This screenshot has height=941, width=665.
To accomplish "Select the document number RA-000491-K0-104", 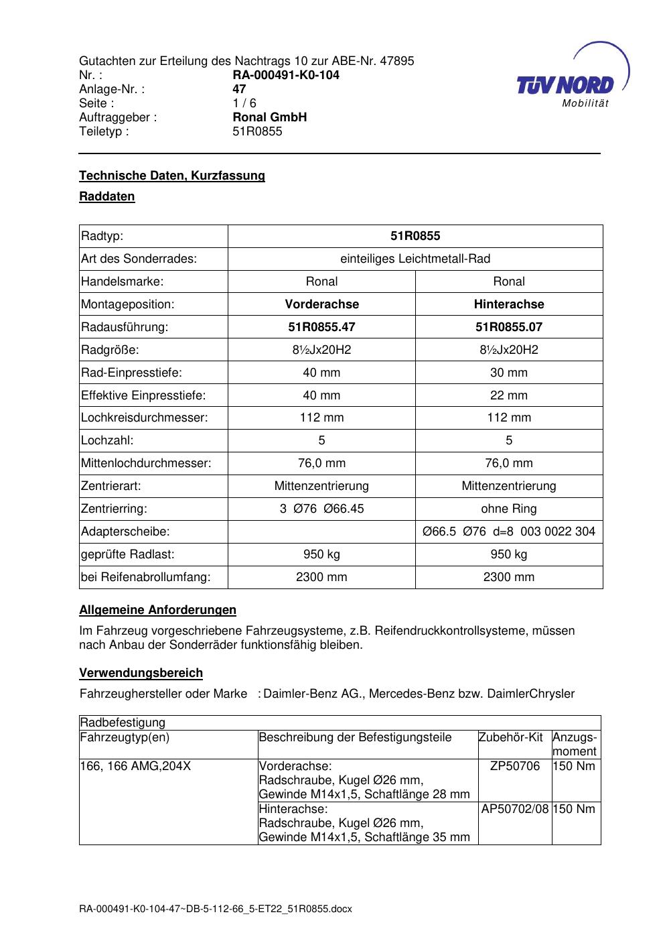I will (x=286, y=75).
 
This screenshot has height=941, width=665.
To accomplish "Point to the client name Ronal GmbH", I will (x=269, y=117).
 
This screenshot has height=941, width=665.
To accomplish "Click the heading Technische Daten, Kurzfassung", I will (x=172, y=176).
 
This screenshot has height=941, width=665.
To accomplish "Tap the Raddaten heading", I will (x=107, y=196).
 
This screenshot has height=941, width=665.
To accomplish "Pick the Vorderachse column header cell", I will (x=321, y=304).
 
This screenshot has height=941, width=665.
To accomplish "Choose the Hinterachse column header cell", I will (x=509, y=304).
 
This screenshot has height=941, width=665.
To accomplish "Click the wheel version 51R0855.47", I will (x=321, y=327).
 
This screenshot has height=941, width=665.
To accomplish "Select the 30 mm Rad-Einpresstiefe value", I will (x=509, y=373).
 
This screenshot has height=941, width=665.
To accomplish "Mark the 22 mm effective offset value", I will (x=509, y=395).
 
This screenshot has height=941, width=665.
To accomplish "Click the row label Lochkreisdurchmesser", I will (x=145, y=418).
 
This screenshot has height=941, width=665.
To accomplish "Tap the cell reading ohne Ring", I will (x=509, y=509).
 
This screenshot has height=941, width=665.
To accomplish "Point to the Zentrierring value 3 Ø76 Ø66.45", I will (x=321, y=509).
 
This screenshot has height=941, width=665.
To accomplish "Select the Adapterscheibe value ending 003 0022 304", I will (x=509, y=531).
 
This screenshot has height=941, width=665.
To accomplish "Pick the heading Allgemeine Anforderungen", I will (x=158, y=610).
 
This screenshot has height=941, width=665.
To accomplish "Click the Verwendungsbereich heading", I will (x=141, y=673).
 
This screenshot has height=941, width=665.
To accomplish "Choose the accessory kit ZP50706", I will (x=515, y=766).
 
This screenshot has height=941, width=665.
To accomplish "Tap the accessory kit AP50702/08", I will (x=515, y=809).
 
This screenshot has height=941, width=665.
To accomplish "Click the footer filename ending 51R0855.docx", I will (x=216, y=909).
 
